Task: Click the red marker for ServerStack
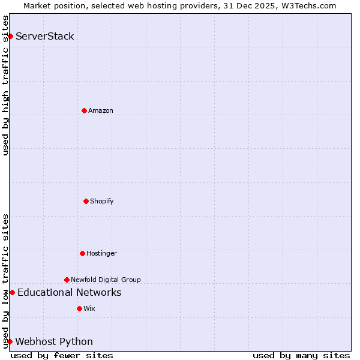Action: tap(10, 36)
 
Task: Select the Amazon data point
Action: tap(84, 110)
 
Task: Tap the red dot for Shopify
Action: tap(86, 201)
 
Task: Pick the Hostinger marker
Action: tap(82, 253)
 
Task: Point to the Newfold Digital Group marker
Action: tap(67, 280)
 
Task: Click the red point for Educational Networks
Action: tap(12, 292)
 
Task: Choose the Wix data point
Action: tap(79, 308)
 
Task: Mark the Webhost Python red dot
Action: tap(10, 341)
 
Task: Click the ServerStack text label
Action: tap(45, 36)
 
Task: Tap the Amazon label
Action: tap(101, 110)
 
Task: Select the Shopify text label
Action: tap(102, 201)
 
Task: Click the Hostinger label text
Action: tap(101, 253)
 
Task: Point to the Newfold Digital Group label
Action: tap(106, 280)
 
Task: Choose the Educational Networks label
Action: tap(70, 292)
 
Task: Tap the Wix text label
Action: tap(89, 308)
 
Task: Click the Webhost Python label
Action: tap(54, 341)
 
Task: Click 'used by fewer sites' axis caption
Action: tap(62, 355)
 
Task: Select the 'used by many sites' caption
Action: tap(301, 355)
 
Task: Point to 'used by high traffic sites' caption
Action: tap(5, 85)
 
